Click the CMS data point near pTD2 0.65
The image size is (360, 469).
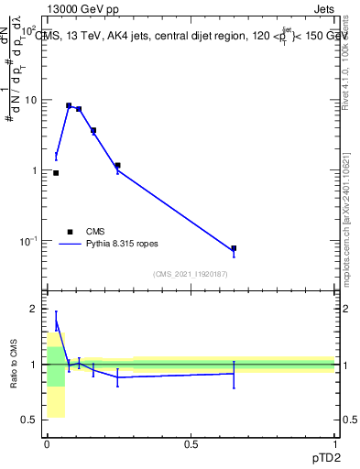coord(234,248)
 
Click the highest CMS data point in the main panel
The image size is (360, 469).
coord(69,105)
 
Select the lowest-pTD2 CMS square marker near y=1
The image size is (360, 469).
coord(56,172)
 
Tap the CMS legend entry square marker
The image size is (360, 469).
coord(69,232)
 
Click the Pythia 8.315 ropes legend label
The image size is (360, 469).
coord(123,245)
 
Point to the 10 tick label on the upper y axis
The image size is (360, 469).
coord(30,100)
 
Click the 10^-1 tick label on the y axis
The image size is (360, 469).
coord(27,241)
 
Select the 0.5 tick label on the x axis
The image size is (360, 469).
coord(191,444)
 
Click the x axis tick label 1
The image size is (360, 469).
coord(334,444)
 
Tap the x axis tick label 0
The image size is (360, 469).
coord(47,444)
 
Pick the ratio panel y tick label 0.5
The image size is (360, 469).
coord(29,420)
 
